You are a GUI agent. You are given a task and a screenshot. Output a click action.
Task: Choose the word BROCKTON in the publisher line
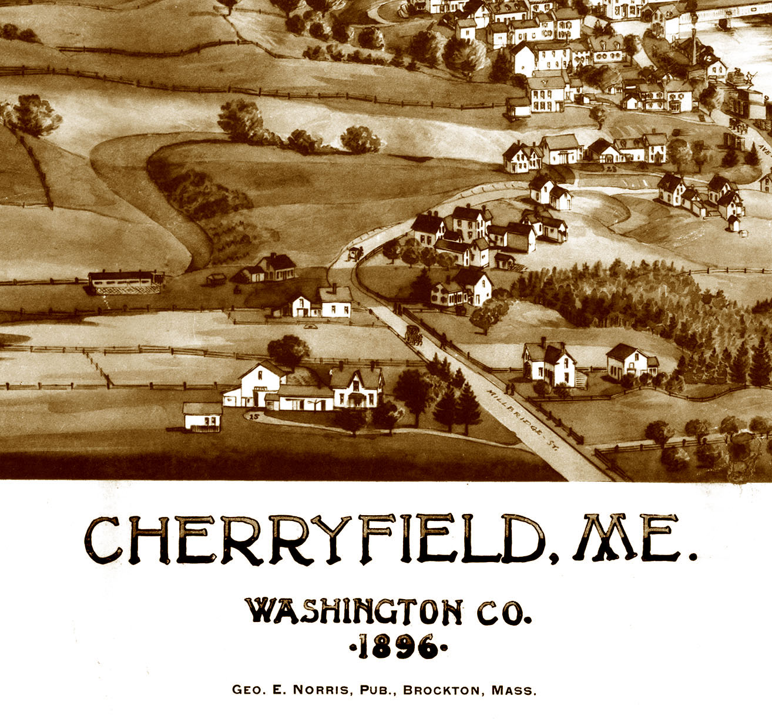441,690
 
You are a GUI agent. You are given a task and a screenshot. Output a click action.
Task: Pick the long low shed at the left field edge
126,282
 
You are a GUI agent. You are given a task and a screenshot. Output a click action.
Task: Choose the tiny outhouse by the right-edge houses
733,223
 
